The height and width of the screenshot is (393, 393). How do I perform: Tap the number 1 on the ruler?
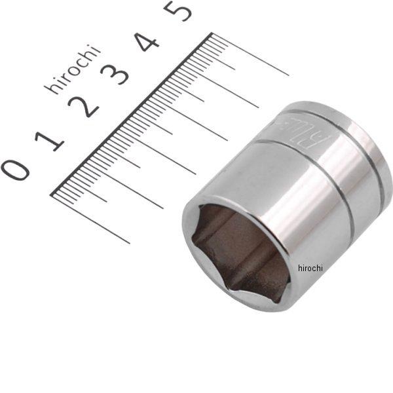[x=51, y=139]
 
